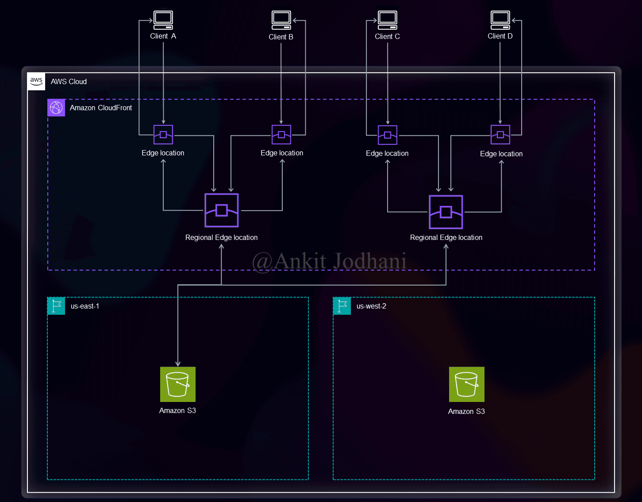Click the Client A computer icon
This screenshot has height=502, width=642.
tap(163, 20)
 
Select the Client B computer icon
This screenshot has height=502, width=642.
tap(281, 20)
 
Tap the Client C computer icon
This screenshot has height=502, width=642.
tap(388, 20)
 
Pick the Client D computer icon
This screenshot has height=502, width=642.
tap(500, 20)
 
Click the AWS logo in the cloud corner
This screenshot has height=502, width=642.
tap(36, 81)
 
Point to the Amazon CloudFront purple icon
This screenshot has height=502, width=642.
tap(56, 108)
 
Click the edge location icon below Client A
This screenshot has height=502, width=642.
tap(163, 135)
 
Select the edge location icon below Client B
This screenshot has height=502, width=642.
tap(281, 135)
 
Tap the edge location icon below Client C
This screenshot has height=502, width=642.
tap(388, 135)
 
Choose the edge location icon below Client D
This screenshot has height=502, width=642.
tap(500, 135)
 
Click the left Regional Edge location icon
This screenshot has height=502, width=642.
tap(221, 210)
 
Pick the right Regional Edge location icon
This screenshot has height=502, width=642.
tap(446, 212)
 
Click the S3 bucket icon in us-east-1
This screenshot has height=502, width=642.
tap(177, 384)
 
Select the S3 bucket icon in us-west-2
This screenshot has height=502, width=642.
tap(466, 384)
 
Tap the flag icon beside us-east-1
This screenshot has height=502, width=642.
tap(56, 306)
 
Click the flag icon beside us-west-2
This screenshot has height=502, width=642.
tap(342, 306)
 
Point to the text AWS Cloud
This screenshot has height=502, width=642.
tap(69, 81)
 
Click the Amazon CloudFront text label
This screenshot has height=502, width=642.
tap(101, 108)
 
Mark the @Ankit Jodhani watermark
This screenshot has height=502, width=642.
tap(329, 261)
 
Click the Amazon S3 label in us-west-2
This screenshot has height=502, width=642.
tap(466, 411)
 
